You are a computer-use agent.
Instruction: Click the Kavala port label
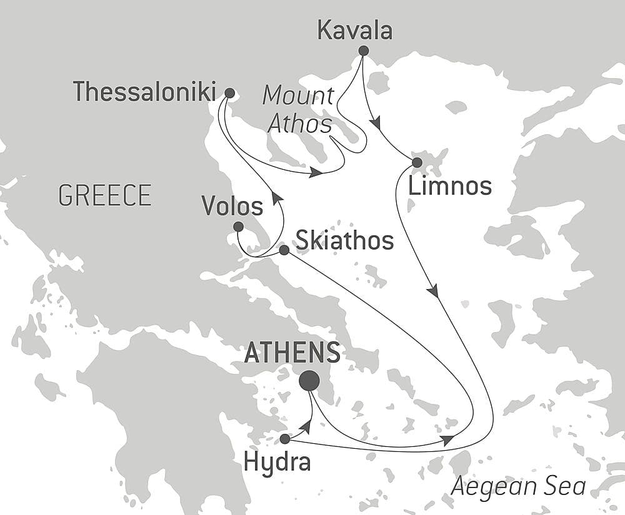[x=355, y=31]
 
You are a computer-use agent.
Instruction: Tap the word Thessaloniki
[x=144, y=92]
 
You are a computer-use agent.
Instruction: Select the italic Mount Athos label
[x=298, y=109]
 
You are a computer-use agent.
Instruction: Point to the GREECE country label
[x=105, y=196]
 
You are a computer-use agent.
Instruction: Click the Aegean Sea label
[x=519, y=486]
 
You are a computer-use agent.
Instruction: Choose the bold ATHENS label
[x=292, y=353]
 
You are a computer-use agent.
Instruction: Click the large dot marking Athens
[x=309, y=380]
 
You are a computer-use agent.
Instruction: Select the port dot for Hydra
[x=285, y=439]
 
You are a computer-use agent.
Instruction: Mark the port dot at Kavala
[x=363, y=51]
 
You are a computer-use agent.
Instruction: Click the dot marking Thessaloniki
[x=229, y=93]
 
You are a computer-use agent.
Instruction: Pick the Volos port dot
[x=238, y=227]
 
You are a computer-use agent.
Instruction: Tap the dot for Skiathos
[x=284, y=250]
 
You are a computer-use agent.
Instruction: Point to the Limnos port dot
[x=417, y=162]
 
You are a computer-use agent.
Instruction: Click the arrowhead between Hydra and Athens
[x=306, y=426]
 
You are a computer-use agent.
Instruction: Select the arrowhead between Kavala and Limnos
[x=376, y=125]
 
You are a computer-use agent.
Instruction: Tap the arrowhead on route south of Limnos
[x=433, y=291]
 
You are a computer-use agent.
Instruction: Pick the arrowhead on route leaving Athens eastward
[x=447, y=441]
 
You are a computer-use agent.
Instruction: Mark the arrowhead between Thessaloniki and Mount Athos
[x=316, y=172]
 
